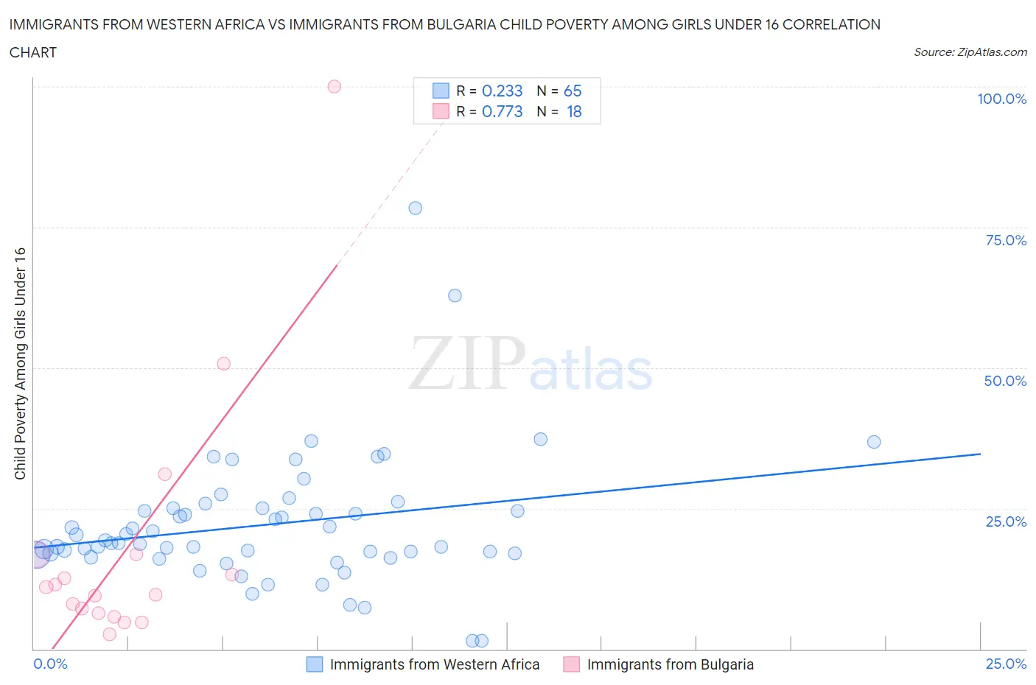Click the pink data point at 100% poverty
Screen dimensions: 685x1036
[334, 86]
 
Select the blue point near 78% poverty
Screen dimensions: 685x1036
[415, 208]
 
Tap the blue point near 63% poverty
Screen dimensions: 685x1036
[455, 295]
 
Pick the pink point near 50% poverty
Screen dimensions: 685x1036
[223, 363]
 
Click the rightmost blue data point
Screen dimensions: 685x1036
[874, 442]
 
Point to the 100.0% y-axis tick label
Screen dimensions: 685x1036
[1001, 99]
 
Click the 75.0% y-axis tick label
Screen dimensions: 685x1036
[1006, 240]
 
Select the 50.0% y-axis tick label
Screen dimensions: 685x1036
[1005, 381]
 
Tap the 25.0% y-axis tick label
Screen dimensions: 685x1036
[1006, 521]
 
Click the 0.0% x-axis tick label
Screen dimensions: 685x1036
[51, 664]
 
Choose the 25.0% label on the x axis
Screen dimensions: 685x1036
[1006, 664]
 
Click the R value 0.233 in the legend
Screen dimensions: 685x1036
[502, 91]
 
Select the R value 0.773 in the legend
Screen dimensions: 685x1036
[502, 111]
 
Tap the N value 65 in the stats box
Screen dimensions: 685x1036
[573, 91]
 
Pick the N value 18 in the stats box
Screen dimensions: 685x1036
[574, 111]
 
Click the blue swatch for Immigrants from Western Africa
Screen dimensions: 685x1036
[315, 664]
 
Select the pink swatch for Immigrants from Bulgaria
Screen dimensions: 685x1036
[571, 664]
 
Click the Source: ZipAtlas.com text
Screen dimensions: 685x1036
[970, 52]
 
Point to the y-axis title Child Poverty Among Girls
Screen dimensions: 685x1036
[20, 363]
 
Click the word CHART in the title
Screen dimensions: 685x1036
[33, 52]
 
